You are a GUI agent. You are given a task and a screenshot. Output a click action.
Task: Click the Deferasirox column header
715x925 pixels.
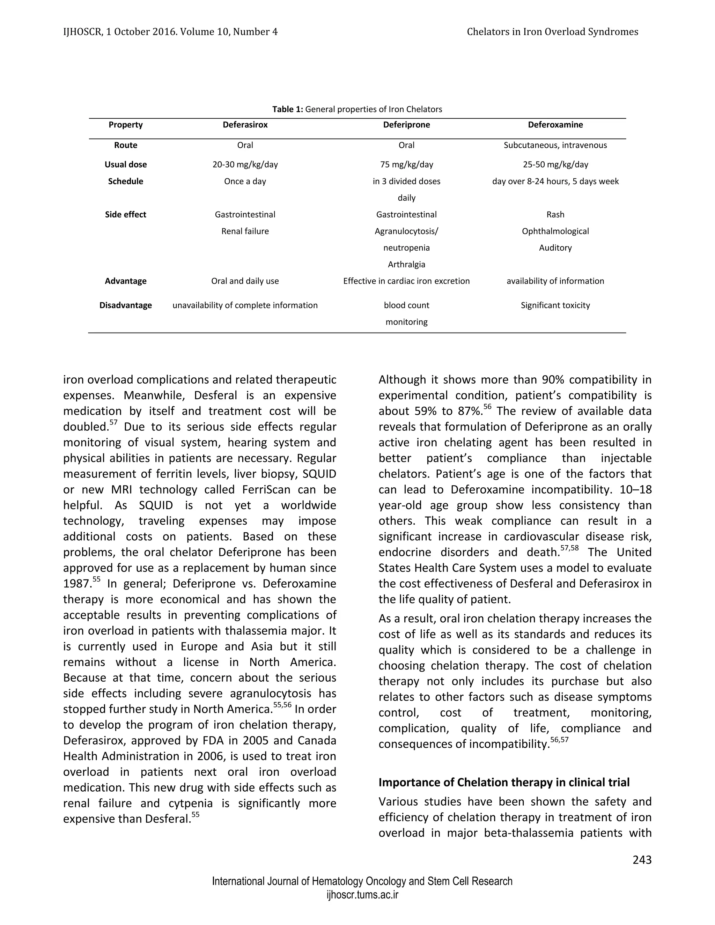245,125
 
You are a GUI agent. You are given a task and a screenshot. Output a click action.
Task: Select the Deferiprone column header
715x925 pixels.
406,125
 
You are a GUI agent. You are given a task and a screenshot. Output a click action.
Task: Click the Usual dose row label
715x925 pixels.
125,164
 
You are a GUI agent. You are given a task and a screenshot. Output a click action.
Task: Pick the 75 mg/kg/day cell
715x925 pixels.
406,164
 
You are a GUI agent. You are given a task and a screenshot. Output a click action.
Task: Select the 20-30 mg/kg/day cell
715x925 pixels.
245,164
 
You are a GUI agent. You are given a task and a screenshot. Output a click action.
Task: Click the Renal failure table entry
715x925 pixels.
245,231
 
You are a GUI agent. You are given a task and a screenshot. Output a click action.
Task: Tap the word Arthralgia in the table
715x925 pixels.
406,264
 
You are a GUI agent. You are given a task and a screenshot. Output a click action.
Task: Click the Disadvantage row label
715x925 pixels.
125,305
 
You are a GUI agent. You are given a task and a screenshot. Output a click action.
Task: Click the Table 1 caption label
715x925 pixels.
288,109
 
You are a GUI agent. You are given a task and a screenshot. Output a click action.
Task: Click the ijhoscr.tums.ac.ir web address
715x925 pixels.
362,895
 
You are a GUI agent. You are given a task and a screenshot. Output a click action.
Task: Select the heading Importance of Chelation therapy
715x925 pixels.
504,782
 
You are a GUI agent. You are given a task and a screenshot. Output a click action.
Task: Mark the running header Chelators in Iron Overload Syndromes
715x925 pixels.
552,32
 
